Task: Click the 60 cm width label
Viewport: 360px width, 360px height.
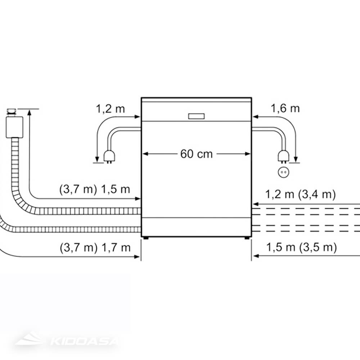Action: pos(197,154)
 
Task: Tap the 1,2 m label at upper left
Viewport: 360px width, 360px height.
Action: pos(110,108)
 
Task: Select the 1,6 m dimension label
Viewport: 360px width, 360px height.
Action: pos(285,108)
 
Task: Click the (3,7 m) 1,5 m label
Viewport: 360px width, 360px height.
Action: pos(95,190)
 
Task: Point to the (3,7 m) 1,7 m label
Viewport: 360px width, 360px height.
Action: pos(95,248)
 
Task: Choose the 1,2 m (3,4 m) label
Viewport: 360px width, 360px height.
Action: pos(301,195)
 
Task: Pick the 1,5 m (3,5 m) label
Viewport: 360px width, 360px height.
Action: pos(302,248)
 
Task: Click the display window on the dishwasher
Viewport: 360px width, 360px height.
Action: pos(197,116)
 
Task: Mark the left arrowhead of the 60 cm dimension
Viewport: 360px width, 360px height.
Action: pos(145,154)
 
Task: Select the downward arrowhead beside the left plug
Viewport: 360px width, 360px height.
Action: pos(96,160)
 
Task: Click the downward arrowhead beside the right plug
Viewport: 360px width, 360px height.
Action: pos(296,160)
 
